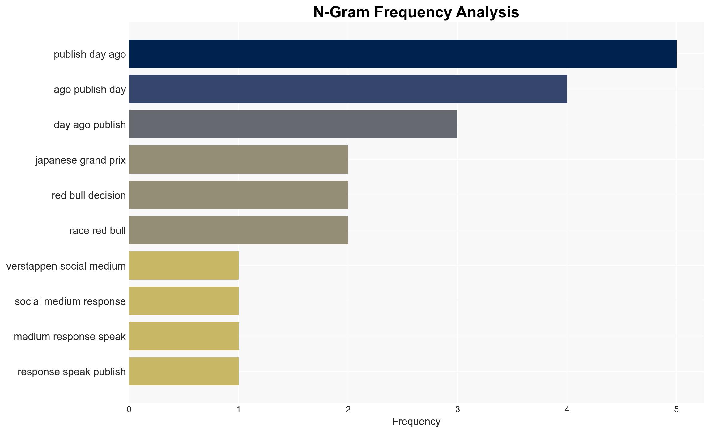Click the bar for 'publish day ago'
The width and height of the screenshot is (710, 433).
(402, 54)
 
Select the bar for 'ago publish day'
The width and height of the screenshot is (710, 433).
(348, 89)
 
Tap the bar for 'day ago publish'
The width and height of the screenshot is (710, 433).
(293, 124)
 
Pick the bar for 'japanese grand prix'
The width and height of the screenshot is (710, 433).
(238, 160)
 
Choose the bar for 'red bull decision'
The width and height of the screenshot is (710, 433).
(238, 195)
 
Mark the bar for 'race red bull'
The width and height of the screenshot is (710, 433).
(238, 230)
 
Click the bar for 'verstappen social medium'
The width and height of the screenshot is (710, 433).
(184, 266)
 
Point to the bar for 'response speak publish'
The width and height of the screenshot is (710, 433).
(184, 371)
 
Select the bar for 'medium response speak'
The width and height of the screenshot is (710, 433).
(184, 336)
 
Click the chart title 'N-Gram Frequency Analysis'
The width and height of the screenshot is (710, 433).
(416, 12)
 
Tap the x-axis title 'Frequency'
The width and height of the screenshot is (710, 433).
(416, 422)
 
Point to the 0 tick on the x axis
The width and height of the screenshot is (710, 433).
(129, 410)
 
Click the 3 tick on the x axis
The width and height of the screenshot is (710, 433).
(457, 410)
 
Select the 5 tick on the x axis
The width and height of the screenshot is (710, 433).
(677, 410)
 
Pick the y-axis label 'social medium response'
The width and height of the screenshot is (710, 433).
(70, 301)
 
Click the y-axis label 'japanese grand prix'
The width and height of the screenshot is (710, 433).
(80, 160)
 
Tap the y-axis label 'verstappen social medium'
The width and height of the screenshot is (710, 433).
(66, 266)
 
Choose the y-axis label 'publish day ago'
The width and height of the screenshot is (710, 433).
(90, 54)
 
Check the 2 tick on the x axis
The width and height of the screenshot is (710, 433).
(348, 410)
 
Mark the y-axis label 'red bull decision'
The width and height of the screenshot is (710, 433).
(89, 195)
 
